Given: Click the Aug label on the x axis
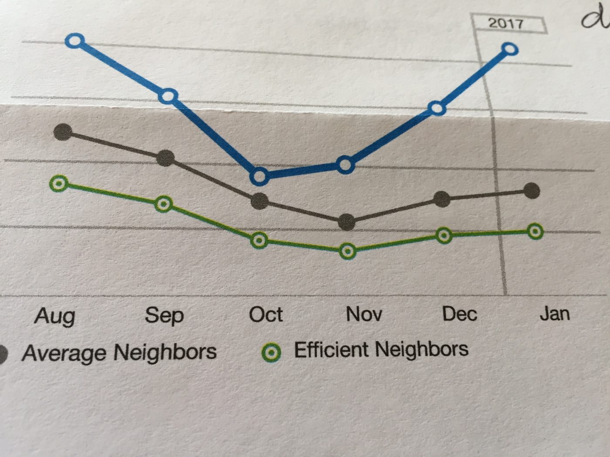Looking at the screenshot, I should tap(55, 316).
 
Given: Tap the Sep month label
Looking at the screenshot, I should tap(164, 315).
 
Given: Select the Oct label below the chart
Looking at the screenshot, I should tap(266, 314).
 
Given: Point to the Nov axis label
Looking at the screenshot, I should tap(364, 314).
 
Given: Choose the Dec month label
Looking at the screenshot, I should tap(459, 314).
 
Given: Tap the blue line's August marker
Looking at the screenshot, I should tap(75, 41).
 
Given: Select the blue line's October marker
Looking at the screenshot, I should tap(260, 176).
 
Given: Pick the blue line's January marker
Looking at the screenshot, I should tap(509, 50).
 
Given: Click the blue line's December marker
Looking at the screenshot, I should tap(437, 108).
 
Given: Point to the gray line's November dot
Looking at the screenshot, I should tap(347, 222).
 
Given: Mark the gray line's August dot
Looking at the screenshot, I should tap(63, 131).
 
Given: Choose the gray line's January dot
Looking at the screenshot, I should tap(532, 191).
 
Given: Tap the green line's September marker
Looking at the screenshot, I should tap(164, 204).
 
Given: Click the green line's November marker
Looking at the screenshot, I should tap(347, 251).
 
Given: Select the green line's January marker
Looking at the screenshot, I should tap(535, 231).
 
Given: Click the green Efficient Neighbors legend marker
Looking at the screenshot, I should tap(271, 352).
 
